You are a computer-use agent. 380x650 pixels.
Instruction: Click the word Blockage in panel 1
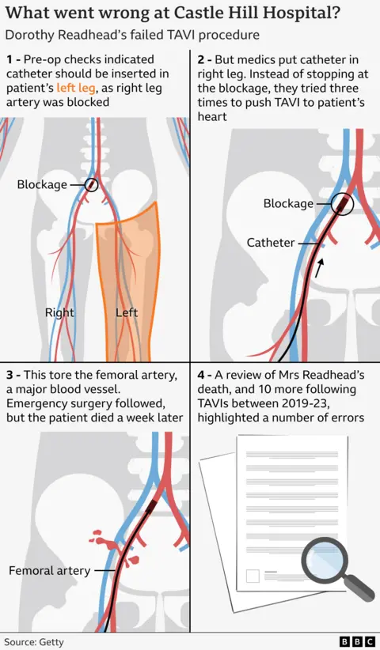43,184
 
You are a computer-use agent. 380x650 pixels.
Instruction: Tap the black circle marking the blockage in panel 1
92,184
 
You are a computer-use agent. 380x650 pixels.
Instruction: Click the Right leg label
59,312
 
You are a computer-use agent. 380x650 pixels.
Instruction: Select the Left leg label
127,312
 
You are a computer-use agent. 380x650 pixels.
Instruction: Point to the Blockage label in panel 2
288,203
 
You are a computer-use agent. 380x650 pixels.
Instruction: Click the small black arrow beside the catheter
319,270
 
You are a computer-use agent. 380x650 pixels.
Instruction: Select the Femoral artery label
44,570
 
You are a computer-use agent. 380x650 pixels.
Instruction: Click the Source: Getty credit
33,642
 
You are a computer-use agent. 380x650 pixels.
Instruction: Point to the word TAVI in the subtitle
163,36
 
